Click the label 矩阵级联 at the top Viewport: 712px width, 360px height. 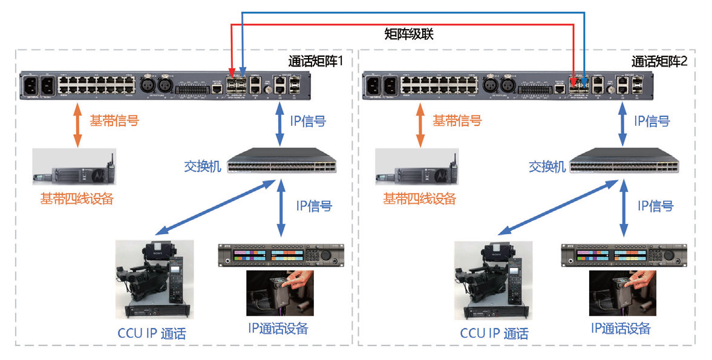click(x=409, y=34)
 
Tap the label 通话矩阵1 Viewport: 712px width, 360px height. click(x=316, y=61)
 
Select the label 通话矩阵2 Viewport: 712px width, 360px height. click(x=659, y=61)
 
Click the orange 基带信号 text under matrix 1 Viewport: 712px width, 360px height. click(x=114, y=120)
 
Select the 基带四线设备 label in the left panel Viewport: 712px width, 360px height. click(x=77, y=198)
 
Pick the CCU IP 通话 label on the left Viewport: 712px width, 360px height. click(x=152, y=333)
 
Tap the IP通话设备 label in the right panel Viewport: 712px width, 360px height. click(x=621, y=329)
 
